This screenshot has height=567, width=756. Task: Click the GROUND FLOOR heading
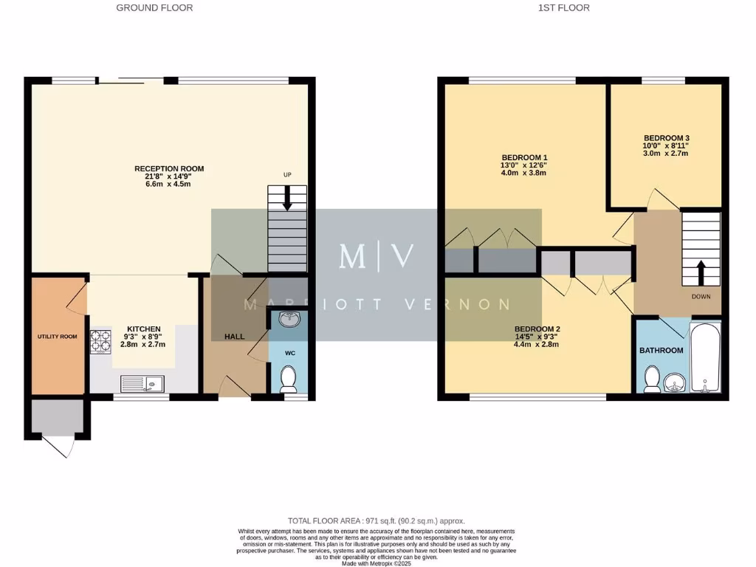(x=154, y=8)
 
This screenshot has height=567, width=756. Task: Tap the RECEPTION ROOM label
(x=169, y=169)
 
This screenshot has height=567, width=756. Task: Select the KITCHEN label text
(x=144, y=329)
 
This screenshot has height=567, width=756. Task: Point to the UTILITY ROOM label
(x=58, y=337)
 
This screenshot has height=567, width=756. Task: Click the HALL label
(x=235, y=337)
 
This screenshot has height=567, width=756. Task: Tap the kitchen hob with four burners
(x=100, y=341)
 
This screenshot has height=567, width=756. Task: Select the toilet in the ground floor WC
(x=288, y=378)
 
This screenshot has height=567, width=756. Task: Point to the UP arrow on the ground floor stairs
(x=287, y=199)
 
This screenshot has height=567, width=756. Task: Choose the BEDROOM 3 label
(x=666, y=138)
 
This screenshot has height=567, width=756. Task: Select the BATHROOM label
(x=661, y=350)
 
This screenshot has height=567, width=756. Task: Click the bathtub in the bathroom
(x=705, y=357)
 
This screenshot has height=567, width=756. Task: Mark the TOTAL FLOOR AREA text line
(x=377, y=521)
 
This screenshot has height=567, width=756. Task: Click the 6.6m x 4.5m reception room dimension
(x=169, y=184)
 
